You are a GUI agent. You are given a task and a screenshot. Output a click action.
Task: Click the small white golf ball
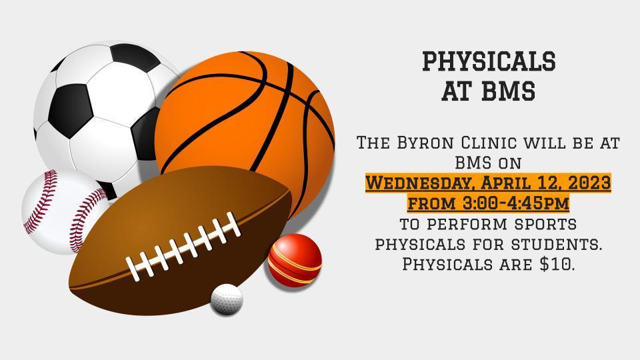click(x=226, y=299)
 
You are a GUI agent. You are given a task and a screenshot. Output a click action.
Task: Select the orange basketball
click(x=247, y=127)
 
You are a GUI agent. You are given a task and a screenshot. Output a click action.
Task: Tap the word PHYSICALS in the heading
click(x=489, y=62)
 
